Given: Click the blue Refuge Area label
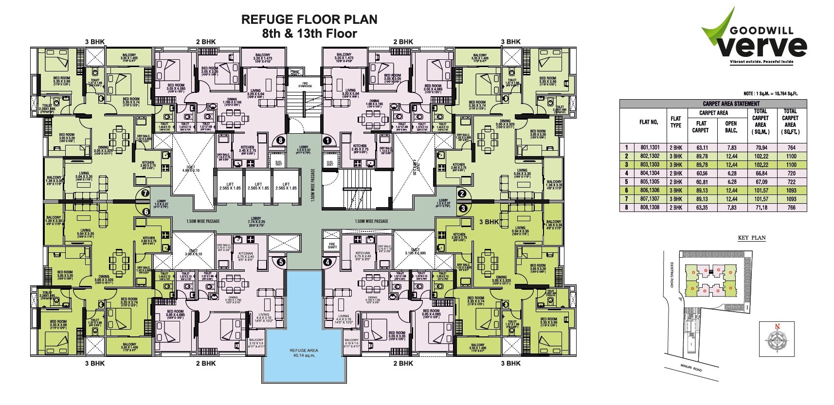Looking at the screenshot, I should click(x=304, y=352).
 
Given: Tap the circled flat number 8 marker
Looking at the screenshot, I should click(x=280, y=140).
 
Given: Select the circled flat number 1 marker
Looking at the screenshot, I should click(x=327, y=140).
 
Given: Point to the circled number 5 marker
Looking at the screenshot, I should click(x=280, y=262).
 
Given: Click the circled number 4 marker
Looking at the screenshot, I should click(x=327, y=262).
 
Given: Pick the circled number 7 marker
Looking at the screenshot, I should click(x=145, y=194).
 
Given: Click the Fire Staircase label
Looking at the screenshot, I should click(x=305, y=84).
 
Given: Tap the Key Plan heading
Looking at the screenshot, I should click(x=752, y=238).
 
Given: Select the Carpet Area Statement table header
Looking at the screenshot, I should click(x=713, y=104).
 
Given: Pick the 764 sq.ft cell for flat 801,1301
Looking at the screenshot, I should click(x=790, y=148).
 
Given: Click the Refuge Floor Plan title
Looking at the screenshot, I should click(x=309, y=19).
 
